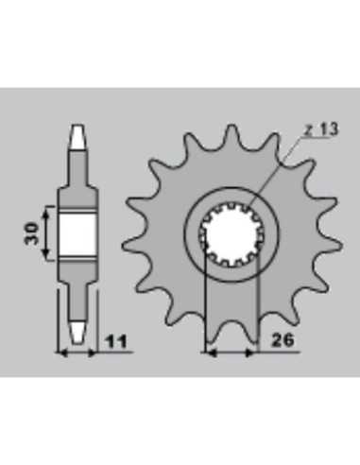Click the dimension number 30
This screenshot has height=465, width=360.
[31, 233]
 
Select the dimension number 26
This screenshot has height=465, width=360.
[283, 340]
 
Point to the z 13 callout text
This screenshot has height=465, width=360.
[321, 129]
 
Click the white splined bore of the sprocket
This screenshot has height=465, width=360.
[231, 233]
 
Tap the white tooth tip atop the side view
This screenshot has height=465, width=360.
[77, 137]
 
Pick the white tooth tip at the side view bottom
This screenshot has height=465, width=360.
[77, 333]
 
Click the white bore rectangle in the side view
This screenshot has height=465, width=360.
[77, 233]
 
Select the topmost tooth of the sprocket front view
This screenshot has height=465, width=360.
[231, 135]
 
